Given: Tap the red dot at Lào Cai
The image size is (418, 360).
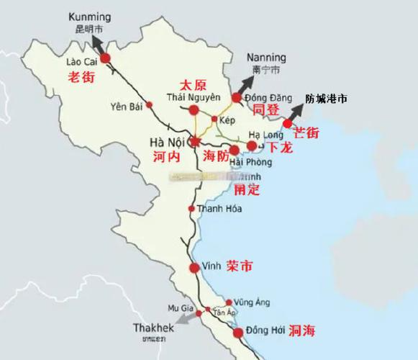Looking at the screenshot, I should coord(106,58).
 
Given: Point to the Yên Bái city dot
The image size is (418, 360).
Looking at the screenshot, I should coord(150,104).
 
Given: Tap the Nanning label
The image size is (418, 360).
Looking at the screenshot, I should coord(265,58).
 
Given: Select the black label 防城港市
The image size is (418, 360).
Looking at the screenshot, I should coord(326,99).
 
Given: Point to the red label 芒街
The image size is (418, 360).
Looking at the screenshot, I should coord(306,133).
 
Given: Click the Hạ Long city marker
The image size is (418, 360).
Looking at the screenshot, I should coord(251,146).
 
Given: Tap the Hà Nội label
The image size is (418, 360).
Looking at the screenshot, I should coord(166,140).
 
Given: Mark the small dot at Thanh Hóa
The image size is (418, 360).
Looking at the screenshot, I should coord(191,209).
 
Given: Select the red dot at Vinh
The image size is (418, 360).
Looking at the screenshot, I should coord(194,268).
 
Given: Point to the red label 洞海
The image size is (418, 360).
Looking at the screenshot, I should coord(304,332).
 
